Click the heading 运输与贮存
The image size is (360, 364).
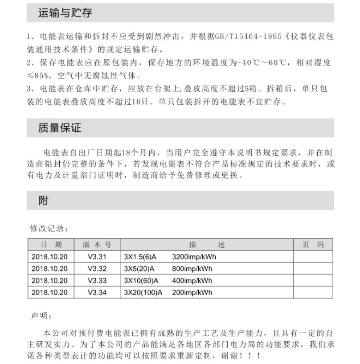click(x=65, y=13)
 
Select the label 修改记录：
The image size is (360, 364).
click(x=49, y=229)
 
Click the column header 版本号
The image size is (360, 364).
click(x=97, y=245)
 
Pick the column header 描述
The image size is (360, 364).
click(x=207, y=245)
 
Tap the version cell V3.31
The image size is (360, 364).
click(x=97, y=257)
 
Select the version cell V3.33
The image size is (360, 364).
click(x=97, y=281)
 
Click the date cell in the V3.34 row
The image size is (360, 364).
click(x=49, y=293)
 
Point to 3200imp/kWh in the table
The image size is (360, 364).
click(x=193, y=257)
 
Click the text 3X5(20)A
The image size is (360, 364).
click(x=139, y=269)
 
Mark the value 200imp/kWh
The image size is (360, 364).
click(x=192, y=293)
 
